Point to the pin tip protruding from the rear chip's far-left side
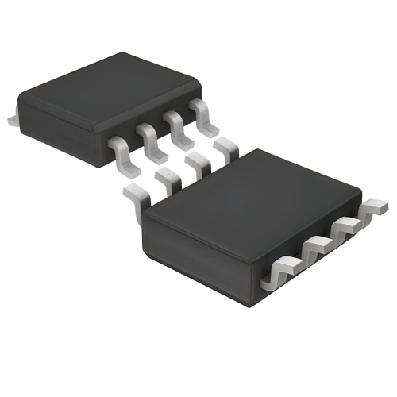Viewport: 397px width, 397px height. (12, 118)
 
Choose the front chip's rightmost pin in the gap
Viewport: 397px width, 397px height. (225, 145)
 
